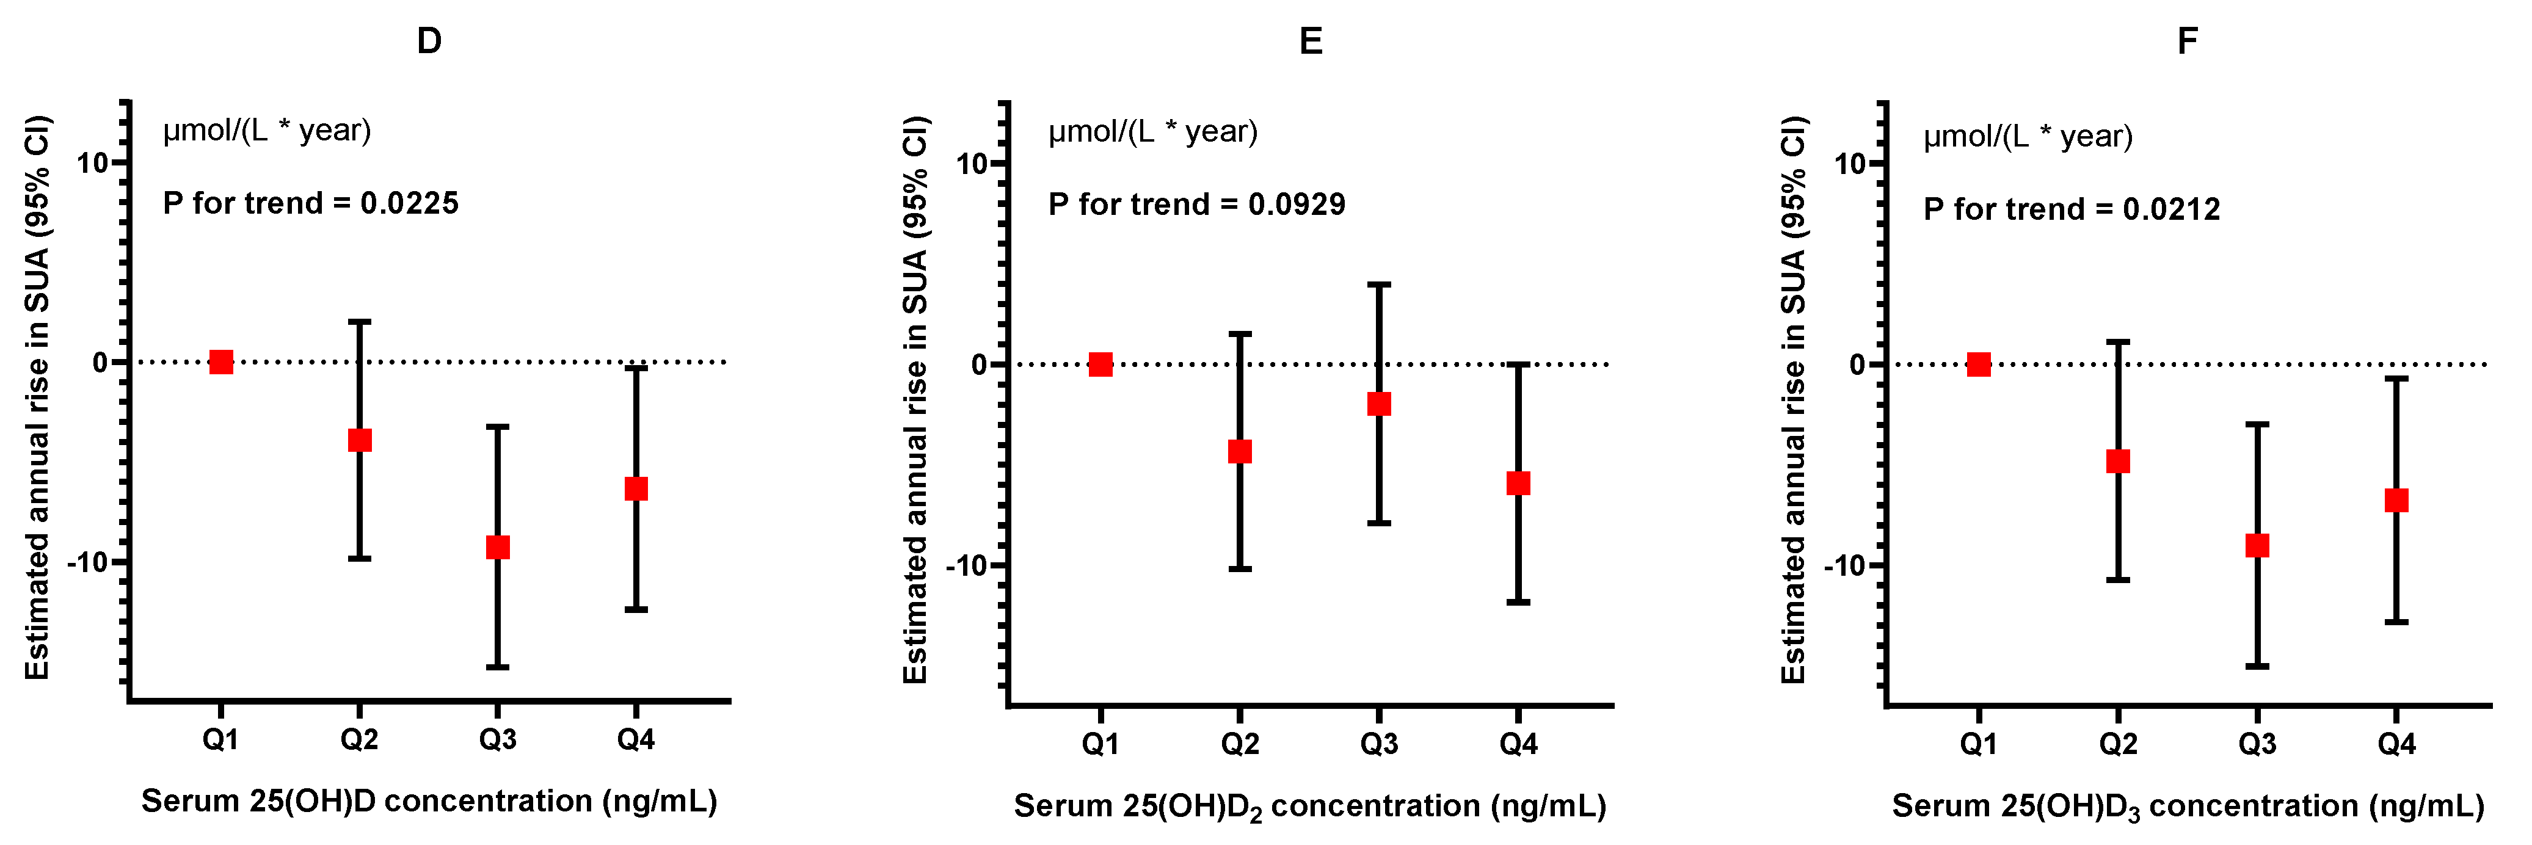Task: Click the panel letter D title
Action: pyautogui.click(x=429, y=42)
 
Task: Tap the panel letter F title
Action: pyautogui.click(x=2187, y=42)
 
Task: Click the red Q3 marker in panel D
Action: pyautogui.click(x=498, y=547)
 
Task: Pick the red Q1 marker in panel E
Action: pyautogui.click(x=1101, y=364)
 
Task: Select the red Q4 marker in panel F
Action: pyautogui.click(x=2396, y=500)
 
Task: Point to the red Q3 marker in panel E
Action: pyautogui.click(x=1379, y=404)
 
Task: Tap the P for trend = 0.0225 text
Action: pyautogui.click(x=311, y=203)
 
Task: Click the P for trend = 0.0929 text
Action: pyautogui.click(x=1196, y=205)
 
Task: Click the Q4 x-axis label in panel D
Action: pyautogui.click(x=636, y=739)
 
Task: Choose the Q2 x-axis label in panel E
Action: pyautogui.click(x=1240, y=744)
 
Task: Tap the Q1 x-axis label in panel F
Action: pyautogui.click(x=1979, y=744)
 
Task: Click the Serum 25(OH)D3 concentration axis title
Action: pyautogui.click(x=2188, y=806)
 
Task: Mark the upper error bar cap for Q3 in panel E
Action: pyautogui.click(x=1379, y=285)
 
